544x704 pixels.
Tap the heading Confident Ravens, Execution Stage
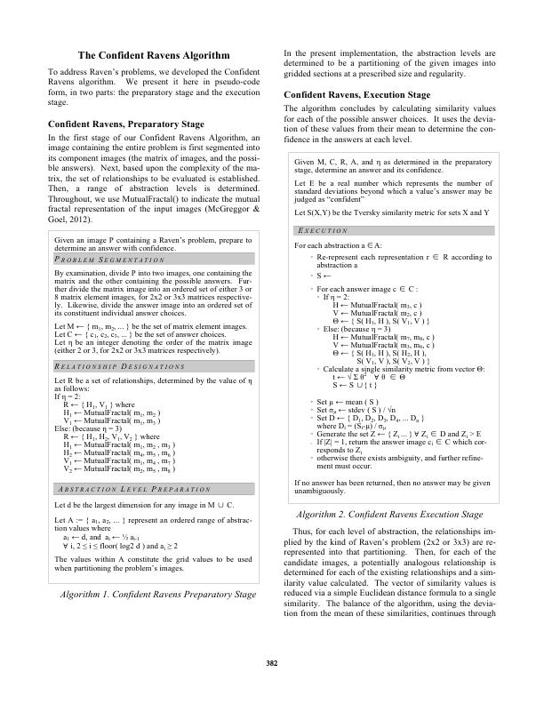tap(356, 94)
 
